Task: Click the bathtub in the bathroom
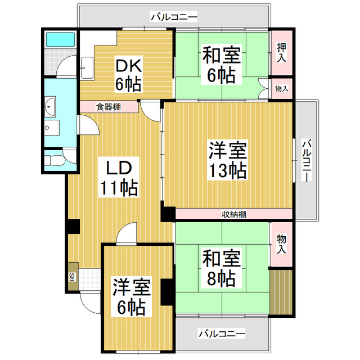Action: pyautogui.click(x=60, y=39)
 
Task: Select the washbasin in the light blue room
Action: pyautogui.click(x=49, y=105)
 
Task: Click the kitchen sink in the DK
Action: pyautogui.click(x=87, y=68)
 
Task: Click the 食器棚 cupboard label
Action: pyautogui.click(x=107, y=106)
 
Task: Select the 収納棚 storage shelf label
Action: pyautogui.click(x=233, y=214)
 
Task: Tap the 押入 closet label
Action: pyautogui.click(x=281, y=51)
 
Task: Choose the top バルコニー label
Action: pyautogui.click(x=174, y=17)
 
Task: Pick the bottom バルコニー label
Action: pyautogui.click(x=222, y=334)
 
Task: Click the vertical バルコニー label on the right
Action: pyautogui.click(x=306, y=161)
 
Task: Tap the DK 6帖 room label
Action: pyautogui.click(x=128, y=75)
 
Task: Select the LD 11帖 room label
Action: pyautogui.click(x=119, y=178)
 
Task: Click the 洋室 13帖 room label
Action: pyautogui.click(x=228, y=160)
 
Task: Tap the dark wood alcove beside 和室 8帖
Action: pyautogui.click(x=282, y=292)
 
